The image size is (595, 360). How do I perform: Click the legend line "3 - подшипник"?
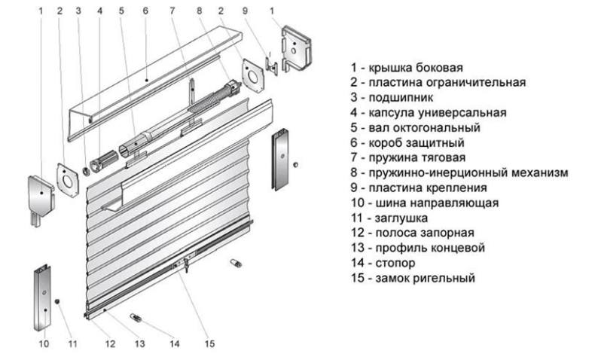point(392,97)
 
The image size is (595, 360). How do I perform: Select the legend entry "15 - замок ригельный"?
point(413,278)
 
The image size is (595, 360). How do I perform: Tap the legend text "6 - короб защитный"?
point(407,142)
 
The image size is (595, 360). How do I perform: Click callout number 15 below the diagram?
point(209,344)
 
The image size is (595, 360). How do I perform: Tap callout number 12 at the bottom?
point(110,344)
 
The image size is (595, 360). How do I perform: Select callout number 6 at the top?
point(145,11)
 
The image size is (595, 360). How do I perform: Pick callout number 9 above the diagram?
point(245,11)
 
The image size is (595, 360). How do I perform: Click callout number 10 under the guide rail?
point(44,344)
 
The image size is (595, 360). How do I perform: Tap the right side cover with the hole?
point(296,48)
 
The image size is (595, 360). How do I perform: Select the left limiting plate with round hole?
point(68,181)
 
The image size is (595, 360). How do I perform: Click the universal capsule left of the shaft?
point(103,161)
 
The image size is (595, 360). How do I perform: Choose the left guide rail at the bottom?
point(42,298)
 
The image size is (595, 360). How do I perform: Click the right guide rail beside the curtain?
point(280,159)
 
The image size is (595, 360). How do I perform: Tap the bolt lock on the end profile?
point(186,264)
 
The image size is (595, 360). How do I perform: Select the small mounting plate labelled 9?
point(271,66)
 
